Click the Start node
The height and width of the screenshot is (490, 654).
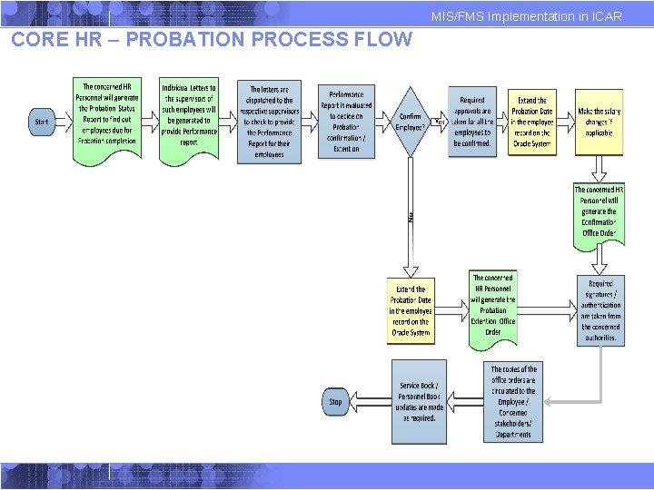42,122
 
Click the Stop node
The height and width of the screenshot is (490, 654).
336,401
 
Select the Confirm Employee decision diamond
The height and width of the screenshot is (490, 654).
411,122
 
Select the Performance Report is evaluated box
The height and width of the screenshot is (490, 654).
345,122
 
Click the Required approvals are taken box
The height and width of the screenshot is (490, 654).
472,122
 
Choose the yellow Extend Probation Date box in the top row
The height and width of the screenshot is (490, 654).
531,121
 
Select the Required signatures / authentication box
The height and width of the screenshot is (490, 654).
599,310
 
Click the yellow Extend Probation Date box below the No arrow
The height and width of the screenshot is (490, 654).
411,310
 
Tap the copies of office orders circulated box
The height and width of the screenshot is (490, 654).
513,401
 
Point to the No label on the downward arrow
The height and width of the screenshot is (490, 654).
411,217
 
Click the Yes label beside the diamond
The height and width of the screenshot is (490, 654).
440,121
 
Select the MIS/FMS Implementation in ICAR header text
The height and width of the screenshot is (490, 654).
527,16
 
